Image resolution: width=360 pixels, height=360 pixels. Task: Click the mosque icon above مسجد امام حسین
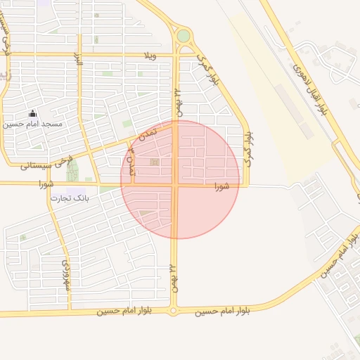point(32,113)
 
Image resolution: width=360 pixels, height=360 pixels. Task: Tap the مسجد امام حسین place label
point(32,124)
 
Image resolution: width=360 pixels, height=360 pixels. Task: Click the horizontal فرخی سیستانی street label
point(42,166)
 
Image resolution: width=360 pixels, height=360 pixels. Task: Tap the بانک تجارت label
point(70,199)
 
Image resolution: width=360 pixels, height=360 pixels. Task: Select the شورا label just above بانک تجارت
point(50,184)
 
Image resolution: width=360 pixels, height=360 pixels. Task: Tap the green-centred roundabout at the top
point(184,36)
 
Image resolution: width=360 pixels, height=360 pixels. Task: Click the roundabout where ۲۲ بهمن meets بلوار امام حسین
point(173,310)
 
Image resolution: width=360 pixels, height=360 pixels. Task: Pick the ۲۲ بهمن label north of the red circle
point(177,101)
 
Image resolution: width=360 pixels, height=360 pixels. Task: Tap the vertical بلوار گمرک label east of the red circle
point(247,146)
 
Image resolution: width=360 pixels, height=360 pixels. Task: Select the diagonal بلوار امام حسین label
point(341,255)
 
